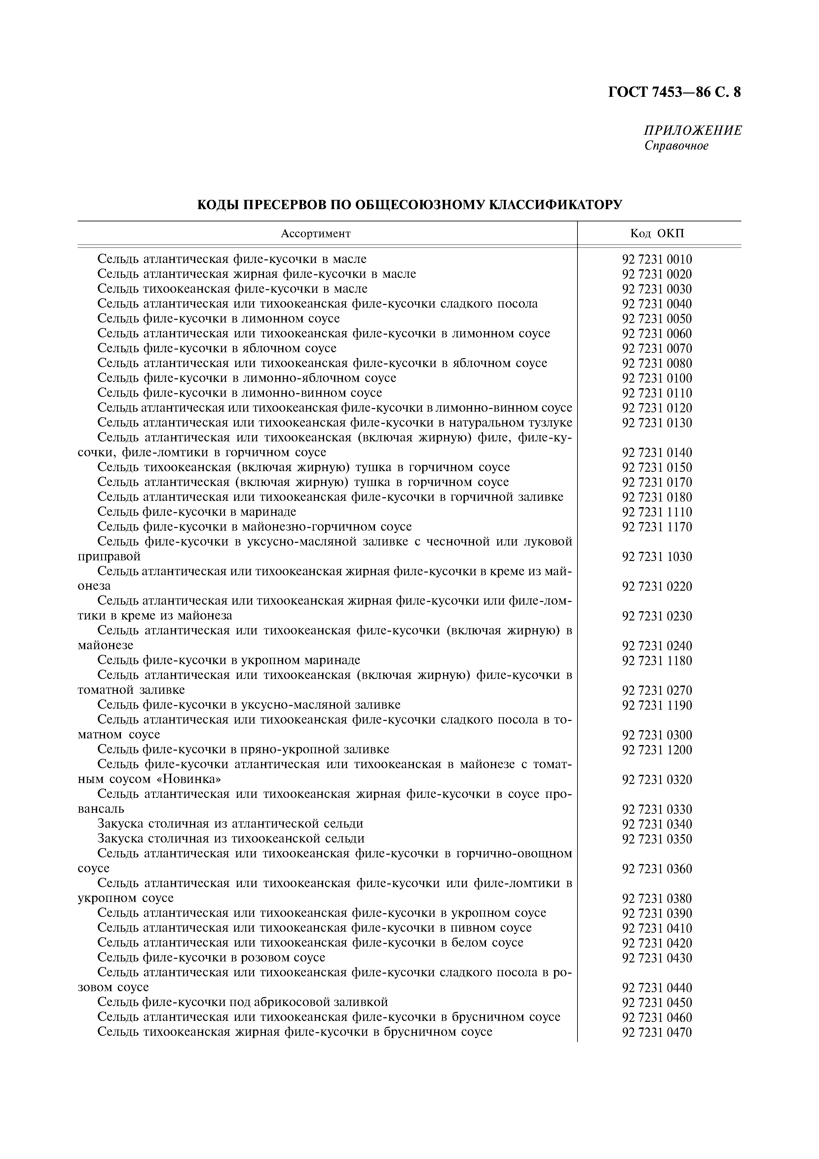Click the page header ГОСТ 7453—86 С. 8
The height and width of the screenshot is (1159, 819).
(x=674, y=93)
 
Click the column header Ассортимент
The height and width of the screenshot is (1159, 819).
(x=316, y=234)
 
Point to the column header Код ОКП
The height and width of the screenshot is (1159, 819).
(x=657, y=234)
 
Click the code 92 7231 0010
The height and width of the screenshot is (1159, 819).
(x=657, y=259)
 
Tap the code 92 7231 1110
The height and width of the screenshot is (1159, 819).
(x=657, y=512)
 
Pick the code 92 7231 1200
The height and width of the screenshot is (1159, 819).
(x=657, y=750)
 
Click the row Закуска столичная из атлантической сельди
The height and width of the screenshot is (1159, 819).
(x=230, y=824)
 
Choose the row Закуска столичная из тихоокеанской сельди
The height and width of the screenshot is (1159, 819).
(x=231, y=839)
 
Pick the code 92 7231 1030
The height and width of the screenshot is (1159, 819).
(x=657, y=557)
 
